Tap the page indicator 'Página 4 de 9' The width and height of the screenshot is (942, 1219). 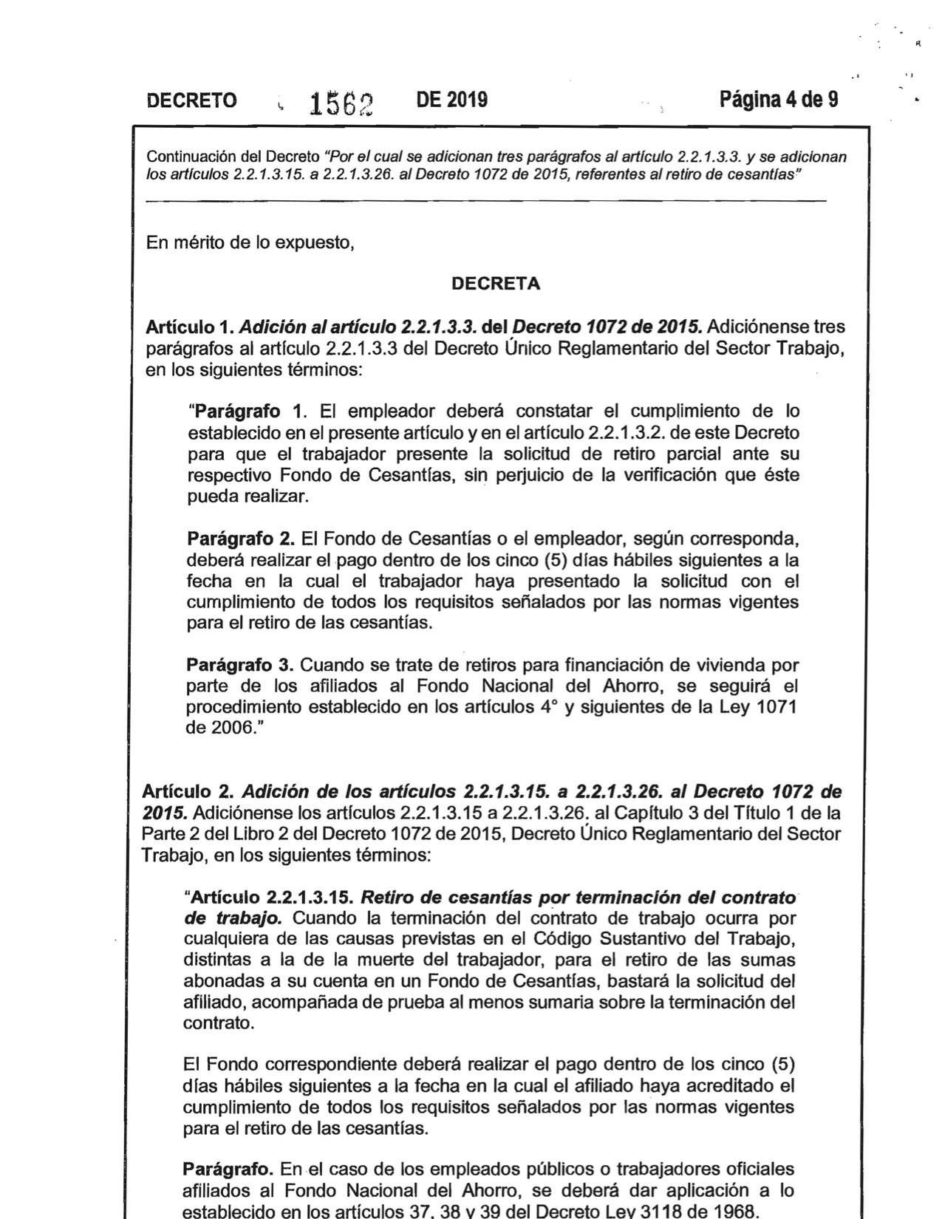pyautogui.click(x=779, y=99)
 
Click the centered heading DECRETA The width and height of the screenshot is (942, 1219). pyautogui.click(x=496, y=284)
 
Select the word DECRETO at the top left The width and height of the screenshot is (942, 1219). pyautogui.click(x=192, y=100)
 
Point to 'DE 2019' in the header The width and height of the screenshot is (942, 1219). pyautogui.click(x=451, y=99)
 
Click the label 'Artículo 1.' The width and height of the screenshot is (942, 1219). pyautogui.click(x=190, y=327)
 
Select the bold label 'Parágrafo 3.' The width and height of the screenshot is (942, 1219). pyautogui.click(x=241, y=665)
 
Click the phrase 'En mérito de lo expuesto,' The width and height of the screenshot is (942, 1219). pyautogui.click(x=250, y=242)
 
